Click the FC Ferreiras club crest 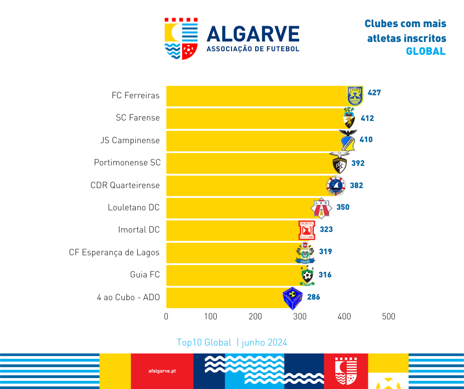pyautogui.click(x=355, y=95)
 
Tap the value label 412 pyautogui.click(x=367, y=118)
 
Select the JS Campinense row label pyautogui.click(x=130, y=140)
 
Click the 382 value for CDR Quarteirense pyautogui.click(x=356, y=186)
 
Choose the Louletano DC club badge pyautogui.click(x=320, y=208)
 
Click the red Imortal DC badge pyautogui.click(x=307, y=230)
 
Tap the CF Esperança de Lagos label pyautogui.click(x=114, y=252)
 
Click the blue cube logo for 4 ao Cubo pyautogui.click(x=292, y=298)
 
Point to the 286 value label pyautogui.click(x=313, y=297)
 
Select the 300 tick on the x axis pyautogui.click(x=300, y=316)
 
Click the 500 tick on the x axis pyautogui.click(x=388, y=316)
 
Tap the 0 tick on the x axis pyautogui.click(x=166, y=316)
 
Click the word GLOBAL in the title pyautogui.click(x=425, y=51)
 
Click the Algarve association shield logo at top pyautogui.click(x=181, y=39)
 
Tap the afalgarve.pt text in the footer pyautogui.click(x=162, y=371)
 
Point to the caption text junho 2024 pyautogui.click(x=265, y=343)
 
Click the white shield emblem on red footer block pyautogui.click(x=346, y=371)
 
